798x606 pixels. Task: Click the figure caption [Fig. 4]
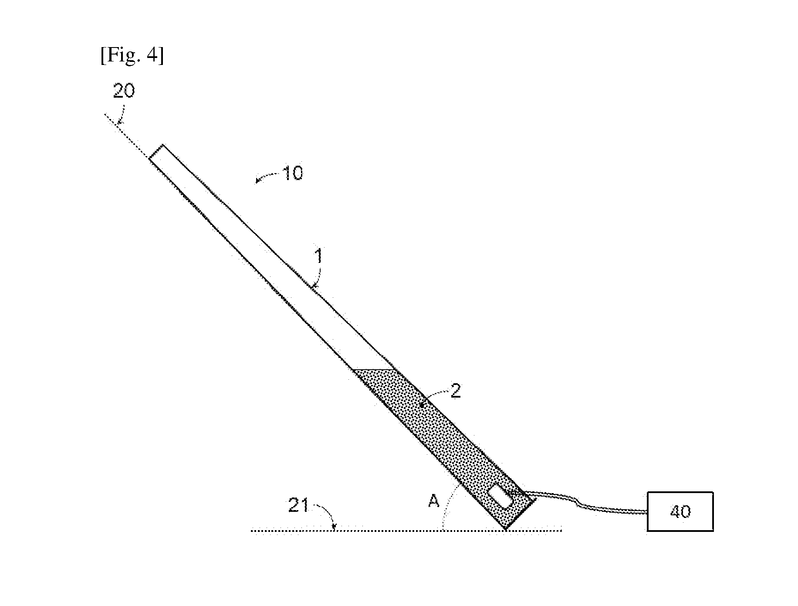pyautogui.click(x=132, y=56)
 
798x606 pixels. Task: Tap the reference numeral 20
pyautogui.click(x=124, y=91)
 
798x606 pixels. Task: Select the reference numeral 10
pyautogui.click(x=293, y=174)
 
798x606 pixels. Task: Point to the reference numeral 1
pyautogui.click(x=319, y=256)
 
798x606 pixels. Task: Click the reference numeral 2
pyautogui.click(x=455, y=391)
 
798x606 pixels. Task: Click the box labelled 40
pyautogui.click(x=680, y=511)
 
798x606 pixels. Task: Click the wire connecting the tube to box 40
pyautogui.click(x=584, y=505)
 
